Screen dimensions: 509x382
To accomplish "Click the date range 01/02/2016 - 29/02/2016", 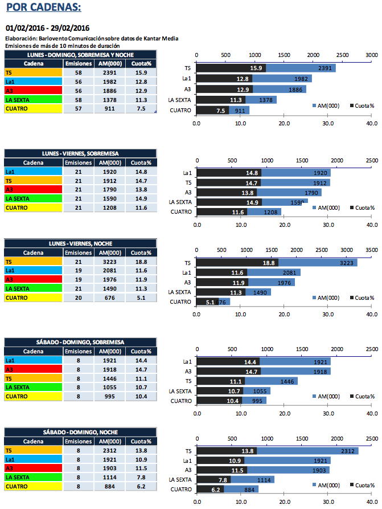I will (x=48, y=28).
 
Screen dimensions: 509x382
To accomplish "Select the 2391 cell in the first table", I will (x=109, y=72).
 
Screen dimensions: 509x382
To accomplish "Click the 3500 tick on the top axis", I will (x=371, y=250).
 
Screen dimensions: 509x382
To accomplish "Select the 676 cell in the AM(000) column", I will (x=109, y=298).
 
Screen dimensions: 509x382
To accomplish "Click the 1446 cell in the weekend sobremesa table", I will (x=109, y=378).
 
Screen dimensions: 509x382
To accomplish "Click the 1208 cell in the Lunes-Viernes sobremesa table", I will (x=109, y=208).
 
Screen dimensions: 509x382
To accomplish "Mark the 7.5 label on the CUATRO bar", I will (x=221, y=111).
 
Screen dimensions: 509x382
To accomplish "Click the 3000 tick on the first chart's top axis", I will (x=371, y=55).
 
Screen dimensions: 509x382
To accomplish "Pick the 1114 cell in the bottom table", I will (x=109, y=477).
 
